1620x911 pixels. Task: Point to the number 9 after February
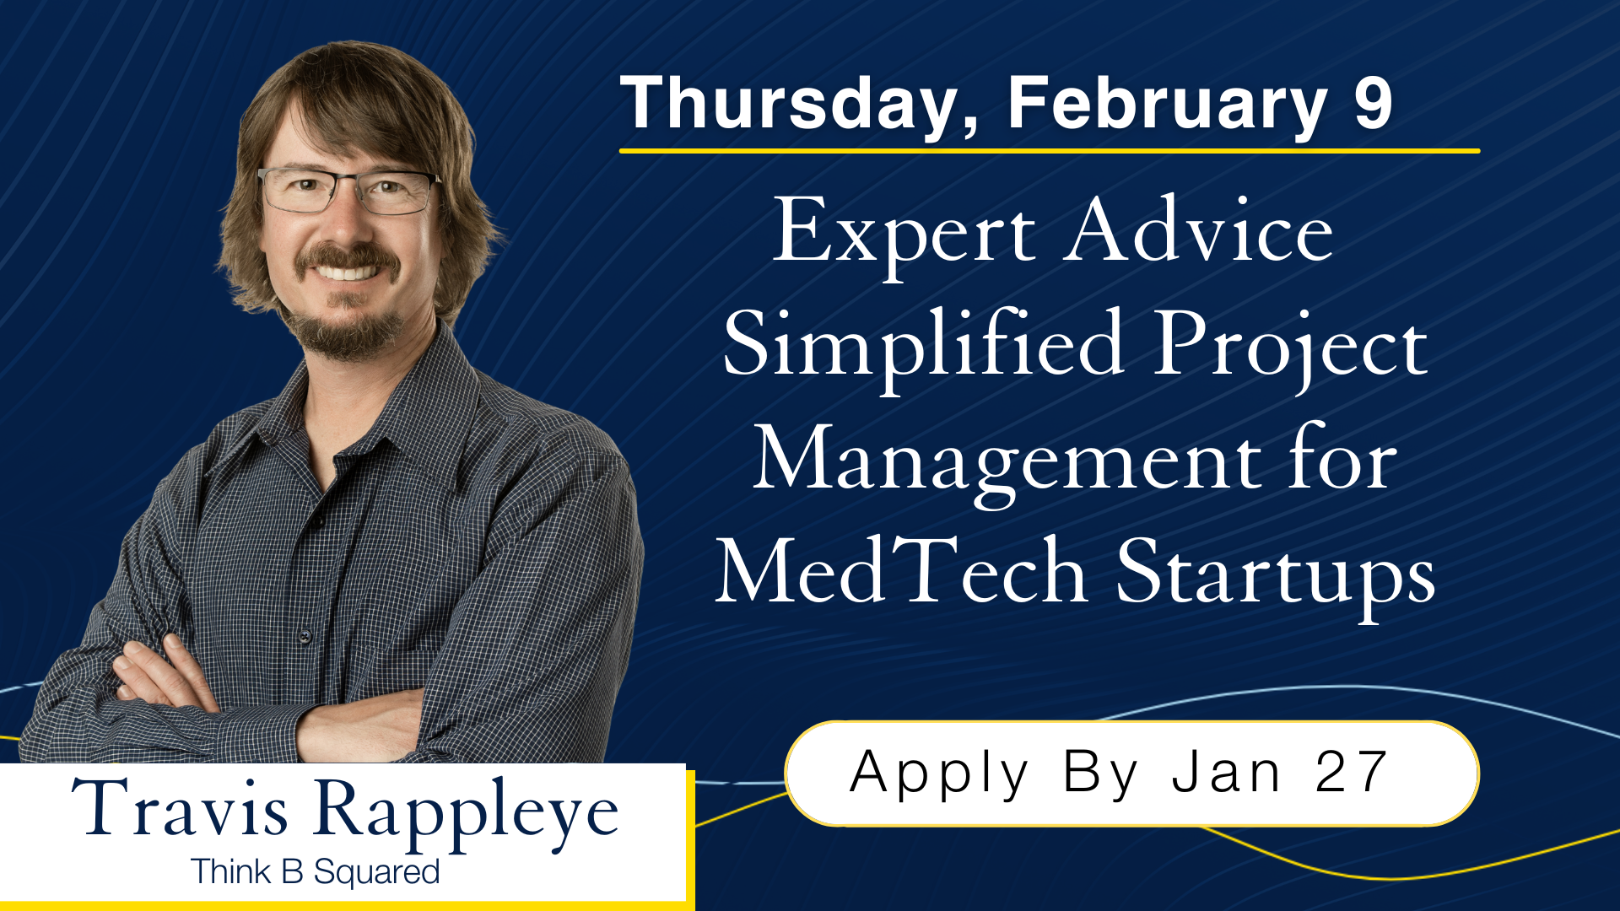[x=1373, y=105]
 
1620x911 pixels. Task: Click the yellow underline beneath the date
[x=1049, y=151]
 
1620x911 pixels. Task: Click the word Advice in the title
[x=1198, y=231]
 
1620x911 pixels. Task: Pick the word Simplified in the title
[x=923, y=346]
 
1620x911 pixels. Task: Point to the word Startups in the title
[x=1275, y=574]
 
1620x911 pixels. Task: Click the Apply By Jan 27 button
[x=1131, y=773]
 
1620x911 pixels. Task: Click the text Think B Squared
[x=315, y=872]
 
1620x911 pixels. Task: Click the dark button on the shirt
[x=305, y=635]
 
